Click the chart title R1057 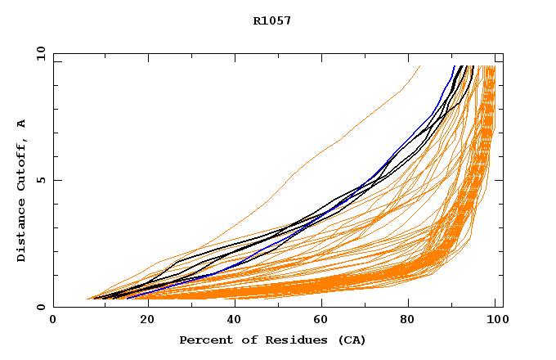point(272,20)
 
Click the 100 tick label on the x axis point(495,320)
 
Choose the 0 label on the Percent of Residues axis point(54,320)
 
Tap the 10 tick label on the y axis point(40,53)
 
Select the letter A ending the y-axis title point(22,124)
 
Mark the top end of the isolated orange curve point(419,66)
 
